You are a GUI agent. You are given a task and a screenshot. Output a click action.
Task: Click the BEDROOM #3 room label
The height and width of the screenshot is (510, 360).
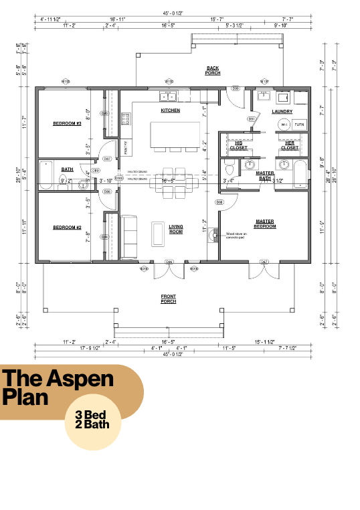[67, 124]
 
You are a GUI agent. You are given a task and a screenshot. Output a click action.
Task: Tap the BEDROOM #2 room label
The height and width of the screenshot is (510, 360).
[67, 228]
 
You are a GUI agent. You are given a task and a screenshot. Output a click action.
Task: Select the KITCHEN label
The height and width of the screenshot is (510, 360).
[170, 110]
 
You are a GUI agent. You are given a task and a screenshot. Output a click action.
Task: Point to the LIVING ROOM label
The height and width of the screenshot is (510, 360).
[176, 229]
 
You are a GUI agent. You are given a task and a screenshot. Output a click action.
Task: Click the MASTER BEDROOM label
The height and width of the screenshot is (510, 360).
[265, 224]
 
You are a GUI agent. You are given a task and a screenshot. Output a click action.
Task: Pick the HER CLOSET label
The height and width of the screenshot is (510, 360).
[289, 145]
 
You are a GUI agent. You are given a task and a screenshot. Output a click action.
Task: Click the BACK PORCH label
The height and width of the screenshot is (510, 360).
[213, 70]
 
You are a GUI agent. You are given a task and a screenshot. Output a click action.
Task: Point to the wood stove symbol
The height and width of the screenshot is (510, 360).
[214, 234]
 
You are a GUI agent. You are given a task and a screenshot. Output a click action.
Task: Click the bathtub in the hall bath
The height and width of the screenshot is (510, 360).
[46, 176]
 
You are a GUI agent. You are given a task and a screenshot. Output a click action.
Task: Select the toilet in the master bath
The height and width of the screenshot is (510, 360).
[229, 167]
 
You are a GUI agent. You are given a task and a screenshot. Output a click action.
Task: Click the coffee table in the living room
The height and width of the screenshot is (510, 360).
[159, 234]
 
